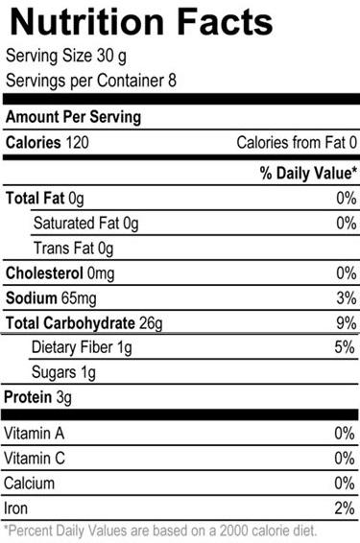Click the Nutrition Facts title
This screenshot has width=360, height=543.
click(x=142, y=22)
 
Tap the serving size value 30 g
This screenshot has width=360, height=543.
click(x=111, y=57)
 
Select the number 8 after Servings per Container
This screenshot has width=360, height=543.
click(x=172, y=80)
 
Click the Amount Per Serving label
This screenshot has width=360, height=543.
click(x=74, y=117)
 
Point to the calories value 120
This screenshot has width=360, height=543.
click(x=77, y=143)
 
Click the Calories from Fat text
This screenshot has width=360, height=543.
click(x=291, y=143)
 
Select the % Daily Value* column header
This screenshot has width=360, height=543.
click(x=308, y=173)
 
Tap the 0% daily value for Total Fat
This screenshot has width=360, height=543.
click(x=347, y=199)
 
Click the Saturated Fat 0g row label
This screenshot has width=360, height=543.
click(x=86, y=224)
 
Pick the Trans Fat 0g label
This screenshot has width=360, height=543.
click(x=74, y=248)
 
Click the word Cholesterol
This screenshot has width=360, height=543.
click(x=44, y=273)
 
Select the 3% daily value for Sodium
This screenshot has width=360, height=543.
click(x=347, y=298)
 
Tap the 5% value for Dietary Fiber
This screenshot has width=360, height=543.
click(x=345, y=347)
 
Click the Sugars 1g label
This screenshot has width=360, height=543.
click(x=63, y=372)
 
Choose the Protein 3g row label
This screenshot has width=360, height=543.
click(x=37, y=397)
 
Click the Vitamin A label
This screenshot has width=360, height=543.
click(x=34, y=434)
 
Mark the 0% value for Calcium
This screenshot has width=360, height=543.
click(x=345, y=484)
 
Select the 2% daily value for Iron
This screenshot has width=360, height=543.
click(x=345, y=508)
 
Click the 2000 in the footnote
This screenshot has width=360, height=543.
click(x=234, y=531)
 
